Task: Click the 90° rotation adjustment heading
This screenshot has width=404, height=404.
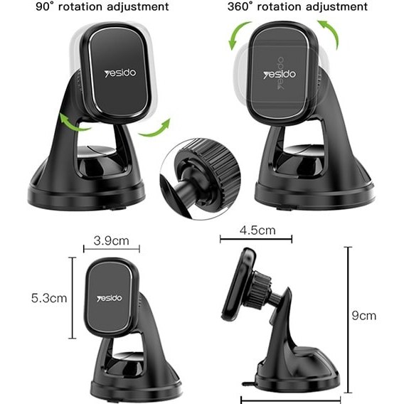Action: pyautogui.click(x=102, y=6)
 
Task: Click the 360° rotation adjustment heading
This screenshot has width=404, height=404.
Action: pyautogui.click(x=297, y=6)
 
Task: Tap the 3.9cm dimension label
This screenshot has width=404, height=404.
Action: pyautogui.click(x=111, y=241)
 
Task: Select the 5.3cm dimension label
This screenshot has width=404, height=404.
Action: pyautogui.click(x=49, y=298)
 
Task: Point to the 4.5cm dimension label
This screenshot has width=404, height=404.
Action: pyautogui.click(x=257, y=230)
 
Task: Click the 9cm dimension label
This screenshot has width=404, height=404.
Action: pyautogui.click(x=363, y=316)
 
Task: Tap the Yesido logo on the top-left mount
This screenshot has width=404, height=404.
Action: pyautogui.click(x=120, y=73)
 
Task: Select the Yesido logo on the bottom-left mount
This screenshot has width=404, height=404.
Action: pyautogui.click(x=110, y=298)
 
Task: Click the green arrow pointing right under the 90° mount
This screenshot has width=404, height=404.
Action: pyautogui.click(x=155, y=129)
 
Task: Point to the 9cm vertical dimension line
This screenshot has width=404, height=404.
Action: pyautogui.click(x=348, y=320)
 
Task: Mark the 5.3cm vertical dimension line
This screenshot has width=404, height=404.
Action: pyautogui.click(x=73, y=297)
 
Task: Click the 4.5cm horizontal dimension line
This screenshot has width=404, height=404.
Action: pyautogui.click(x=256, y=239)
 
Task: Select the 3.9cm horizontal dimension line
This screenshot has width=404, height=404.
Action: pyautogui.click(x=112, y=249)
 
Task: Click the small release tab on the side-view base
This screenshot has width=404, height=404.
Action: pyautogui.click(x=248, y=383)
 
